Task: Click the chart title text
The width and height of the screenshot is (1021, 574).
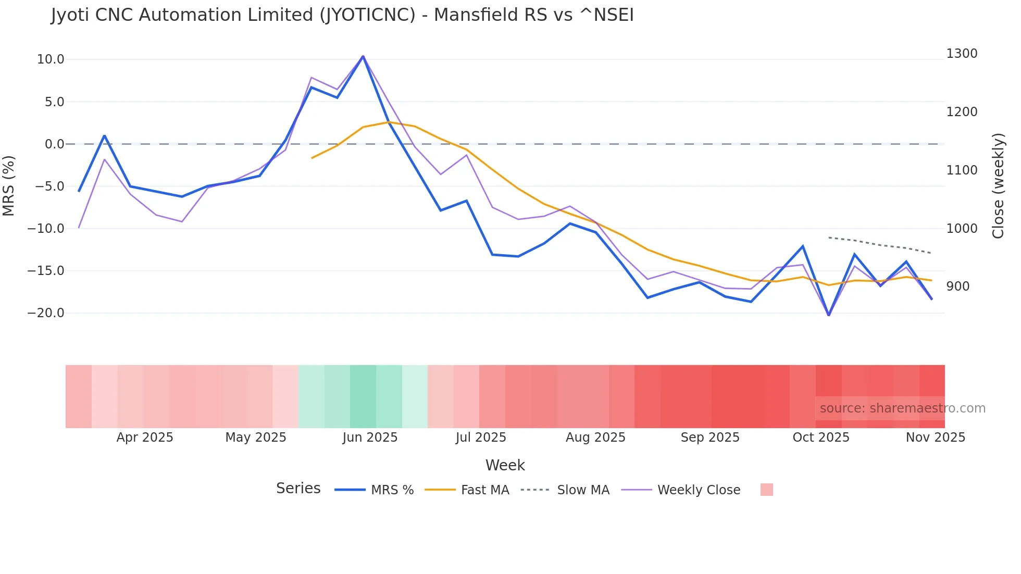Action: (x=342, y=15)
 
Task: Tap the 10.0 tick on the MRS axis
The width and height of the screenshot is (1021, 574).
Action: (x=51, y=59)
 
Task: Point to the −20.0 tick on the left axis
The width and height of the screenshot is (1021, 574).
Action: (x=46, y=313)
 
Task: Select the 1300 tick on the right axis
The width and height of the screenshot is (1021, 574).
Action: (x=962, y=54)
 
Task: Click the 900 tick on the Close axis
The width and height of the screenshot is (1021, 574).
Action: (x=958, y=286)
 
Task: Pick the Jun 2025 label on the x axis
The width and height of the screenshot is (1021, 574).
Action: (x=370, y=438)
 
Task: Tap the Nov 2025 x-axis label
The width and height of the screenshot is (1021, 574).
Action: (x=935, y=438)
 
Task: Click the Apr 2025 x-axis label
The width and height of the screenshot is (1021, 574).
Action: (x=145, y=438)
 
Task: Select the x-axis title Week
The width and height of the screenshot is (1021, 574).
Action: (x=505, y=465)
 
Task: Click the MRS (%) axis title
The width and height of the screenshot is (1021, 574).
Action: (x=9, y=186)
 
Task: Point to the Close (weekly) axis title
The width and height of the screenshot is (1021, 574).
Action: (x=998, y=186)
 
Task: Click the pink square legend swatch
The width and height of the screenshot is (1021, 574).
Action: (x=766, y=490)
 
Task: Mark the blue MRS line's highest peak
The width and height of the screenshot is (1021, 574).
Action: (x=363, y=56)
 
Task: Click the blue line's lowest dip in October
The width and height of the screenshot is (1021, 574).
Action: (x=829, y=315)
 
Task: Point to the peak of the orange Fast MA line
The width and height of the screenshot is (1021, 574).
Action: (x=389, y=122)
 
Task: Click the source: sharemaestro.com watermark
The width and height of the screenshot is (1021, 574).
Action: (x=902, y=408)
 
